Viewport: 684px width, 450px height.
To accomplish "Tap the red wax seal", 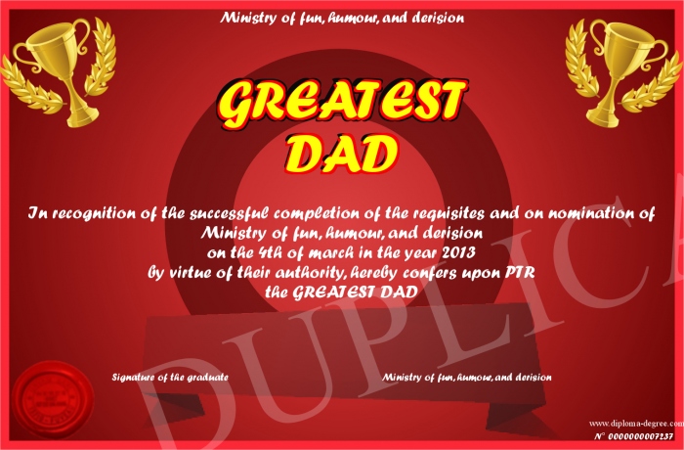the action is coord(53,401).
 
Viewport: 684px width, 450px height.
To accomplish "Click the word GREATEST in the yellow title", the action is coord(343,104).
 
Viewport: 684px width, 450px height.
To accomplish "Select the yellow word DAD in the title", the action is coord(342,153).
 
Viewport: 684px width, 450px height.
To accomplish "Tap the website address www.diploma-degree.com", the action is coord(636,423).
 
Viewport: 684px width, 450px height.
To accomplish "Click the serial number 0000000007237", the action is coord(640,436).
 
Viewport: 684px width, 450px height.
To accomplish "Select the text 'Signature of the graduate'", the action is coord(170,377).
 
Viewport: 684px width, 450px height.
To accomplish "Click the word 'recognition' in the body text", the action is coord(94,213).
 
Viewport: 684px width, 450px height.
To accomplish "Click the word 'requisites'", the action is coord(449,213).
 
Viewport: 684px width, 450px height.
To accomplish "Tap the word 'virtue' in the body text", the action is coord(188,273).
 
